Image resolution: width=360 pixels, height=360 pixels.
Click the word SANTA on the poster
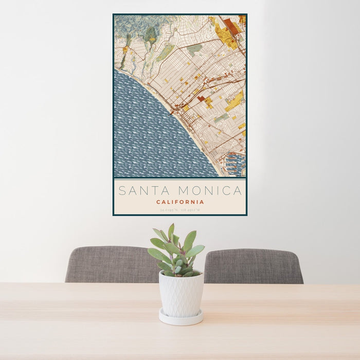(x=140, y=191)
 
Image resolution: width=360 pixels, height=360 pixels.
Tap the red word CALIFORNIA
(x=180, y=202)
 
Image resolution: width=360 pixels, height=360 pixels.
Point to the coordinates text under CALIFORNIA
(x=180, y=210)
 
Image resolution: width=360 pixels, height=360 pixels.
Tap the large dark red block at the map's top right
(x=231, y=26)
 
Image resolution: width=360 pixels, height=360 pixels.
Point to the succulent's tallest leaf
(x=171, y=232)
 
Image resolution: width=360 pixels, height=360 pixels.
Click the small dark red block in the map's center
(x=201, y=98)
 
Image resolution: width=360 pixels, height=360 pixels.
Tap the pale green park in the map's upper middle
(x=166, y=52)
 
